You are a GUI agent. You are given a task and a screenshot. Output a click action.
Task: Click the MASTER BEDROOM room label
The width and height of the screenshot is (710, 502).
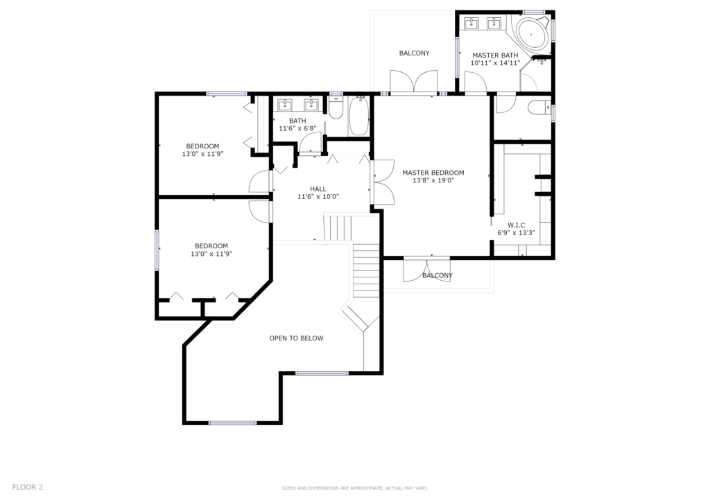coord(433,173)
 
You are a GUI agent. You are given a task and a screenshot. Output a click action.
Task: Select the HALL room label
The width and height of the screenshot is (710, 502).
coord(318,189)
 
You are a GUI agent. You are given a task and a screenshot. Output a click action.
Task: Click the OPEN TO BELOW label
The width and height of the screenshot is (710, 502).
coord(296,338)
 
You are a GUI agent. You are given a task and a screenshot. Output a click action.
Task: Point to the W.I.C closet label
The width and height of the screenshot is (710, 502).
coord(516,225)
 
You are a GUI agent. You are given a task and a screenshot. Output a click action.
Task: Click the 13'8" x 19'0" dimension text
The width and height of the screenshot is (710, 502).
coord(433,180)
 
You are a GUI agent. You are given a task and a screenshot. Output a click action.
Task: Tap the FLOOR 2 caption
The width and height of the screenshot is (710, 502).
coord(27,487)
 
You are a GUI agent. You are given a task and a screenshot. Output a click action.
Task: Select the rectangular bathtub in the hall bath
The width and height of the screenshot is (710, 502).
coord(358,115)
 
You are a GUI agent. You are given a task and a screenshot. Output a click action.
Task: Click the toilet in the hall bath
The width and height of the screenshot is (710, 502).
coord(336,107)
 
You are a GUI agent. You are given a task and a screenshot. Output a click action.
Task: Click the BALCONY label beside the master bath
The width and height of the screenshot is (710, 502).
coord(415,53)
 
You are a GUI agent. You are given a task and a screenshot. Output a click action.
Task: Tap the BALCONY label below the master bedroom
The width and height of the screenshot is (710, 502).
coord(438,275)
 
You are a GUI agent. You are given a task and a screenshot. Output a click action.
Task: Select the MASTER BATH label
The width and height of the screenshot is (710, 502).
coord(495,55)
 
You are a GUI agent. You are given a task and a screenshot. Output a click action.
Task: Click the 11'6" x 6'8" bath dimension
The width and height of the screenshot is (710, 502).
coord(297,128)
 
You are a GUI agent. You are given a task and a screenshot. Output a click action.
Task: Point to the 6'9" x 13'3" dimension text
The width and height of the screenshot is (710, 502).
coord(516,233)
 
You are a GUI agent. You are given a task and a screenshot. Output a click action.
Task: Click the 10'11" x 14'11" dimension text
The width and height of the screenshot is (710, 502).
coord(495,63)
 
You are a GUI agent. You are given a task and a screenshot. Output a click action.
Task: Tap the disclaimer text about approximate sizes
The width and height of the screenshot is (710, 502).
coord(354,488)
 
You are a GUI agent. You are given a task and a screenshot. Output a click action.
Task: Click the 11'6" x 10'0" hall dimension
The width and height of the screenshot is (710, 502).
coord(318,196)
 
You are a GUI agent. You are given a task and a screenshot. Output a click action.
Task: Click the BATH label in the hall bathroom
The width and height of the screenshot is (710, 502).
coord(297,121)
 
